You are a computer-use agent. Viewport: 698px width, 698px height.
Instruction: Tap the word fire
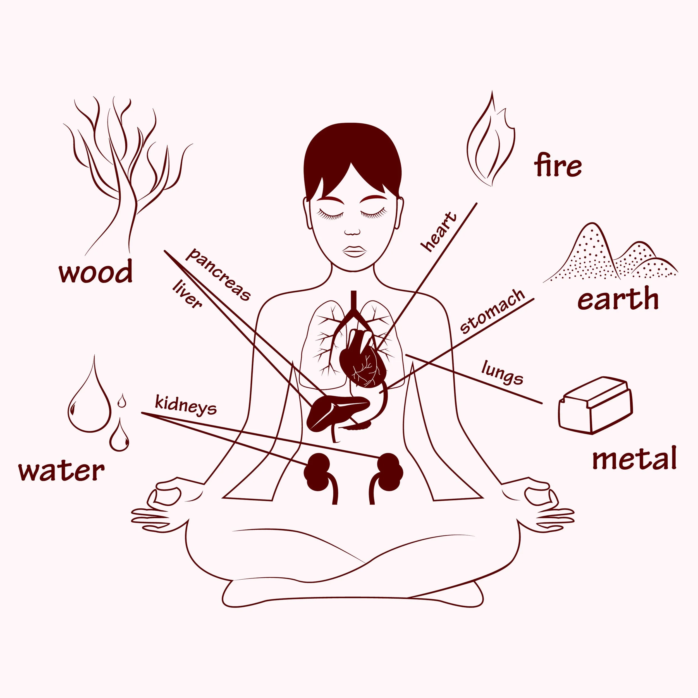558,165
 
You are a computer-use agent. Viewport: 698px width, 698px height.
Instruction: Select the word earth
618,298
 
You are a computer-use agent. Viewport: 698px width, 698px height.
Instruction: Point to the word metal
634,458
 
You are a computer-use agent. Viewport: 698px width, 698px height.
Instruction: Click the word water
61,471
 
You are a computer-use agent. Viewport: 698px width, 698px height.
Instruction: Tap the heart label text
439,232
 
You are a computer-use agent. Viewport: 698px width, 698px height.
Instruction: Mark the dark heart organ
363,358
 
